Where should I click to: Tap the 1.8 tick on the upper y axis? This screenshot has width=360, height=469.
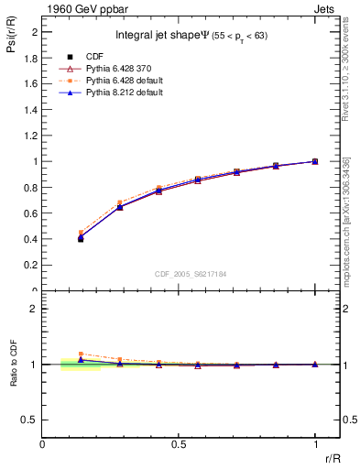point(31,58)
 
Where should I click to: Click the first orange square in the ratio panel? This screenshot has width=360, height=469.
point(81,354)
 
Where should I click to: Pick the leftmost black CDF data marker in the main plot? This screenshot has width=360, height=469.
point(81,238)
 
